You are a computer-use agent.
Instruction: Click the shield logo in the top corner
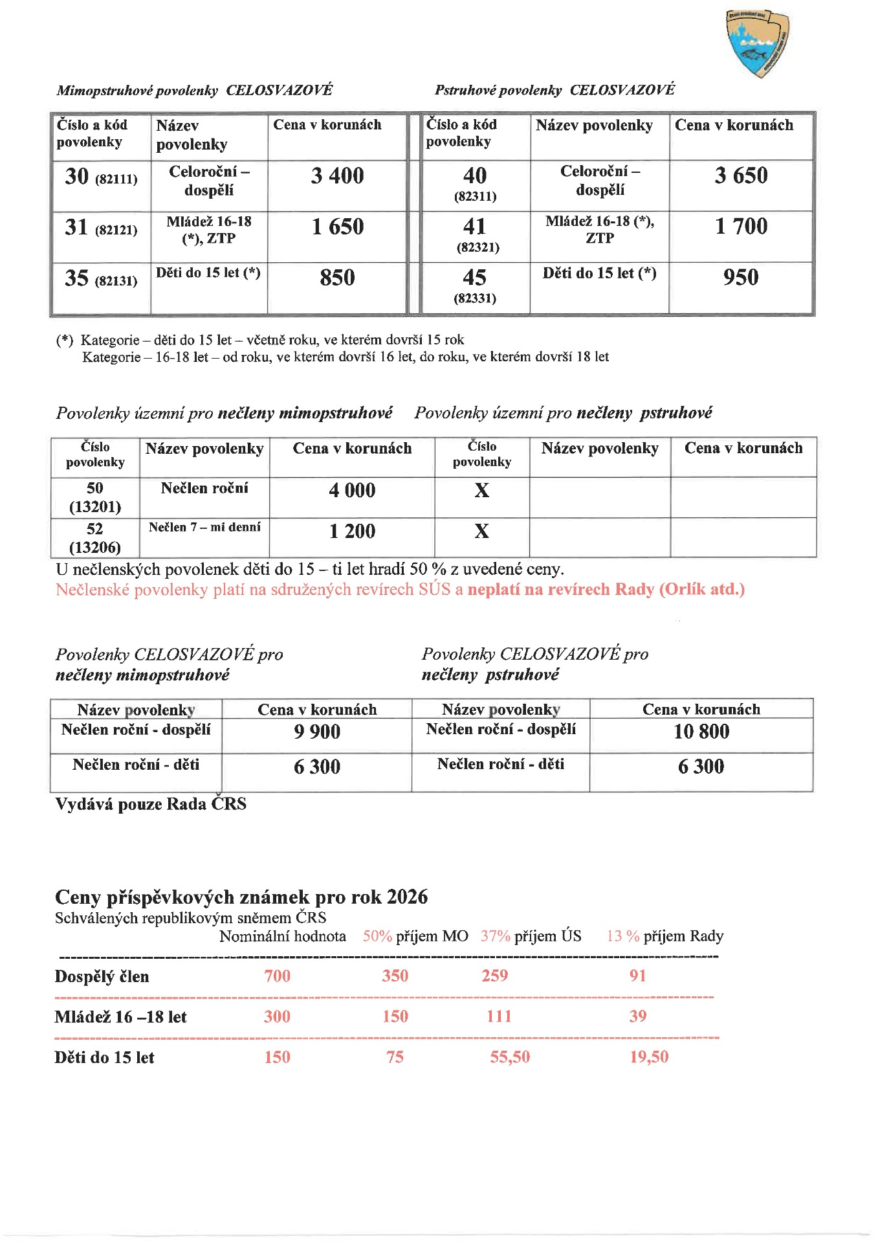coord(758,43)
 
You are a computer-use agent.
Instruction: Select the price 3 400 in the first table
coord(337,176)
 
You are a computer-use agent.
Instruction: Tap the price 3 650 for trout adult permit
coord(741,175)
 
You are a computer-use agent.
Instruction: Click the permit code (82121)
coord(116,230)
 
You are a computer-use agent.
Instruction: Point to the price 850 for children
coord(337,278)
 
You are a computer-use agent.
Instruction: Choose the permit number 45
coord(475,278)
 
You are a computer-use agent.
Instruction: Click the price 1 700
coord(741,227)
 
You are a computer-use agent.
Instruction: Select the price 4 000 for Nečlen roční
coord(352,491)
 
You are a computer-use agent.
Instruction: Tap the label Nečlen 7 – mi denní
coord(204,528)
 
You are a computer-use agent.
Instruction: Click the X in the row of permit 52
coord(481,532)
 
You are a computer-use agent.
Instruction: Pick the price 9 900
coord(317,732)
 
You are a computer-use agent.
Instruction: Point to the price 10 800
coord(701,732)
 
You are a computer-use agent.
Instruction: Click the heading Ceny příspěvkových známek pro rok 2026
coord(241,897)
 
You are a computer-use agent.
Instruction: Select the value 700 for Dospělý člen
coord(277,976)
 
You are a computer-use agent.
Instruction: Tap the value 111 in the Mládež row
coord(499,1016)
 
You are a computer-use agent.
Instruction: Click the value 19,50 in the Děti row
coord(649,1057)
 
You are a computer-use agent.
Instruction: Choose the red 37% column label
coord(495,936)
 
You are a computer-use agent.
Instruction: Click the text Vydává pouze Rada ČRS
coord(151,804)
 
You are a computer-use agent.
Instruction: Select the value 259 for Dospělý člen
coord(494,976)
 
